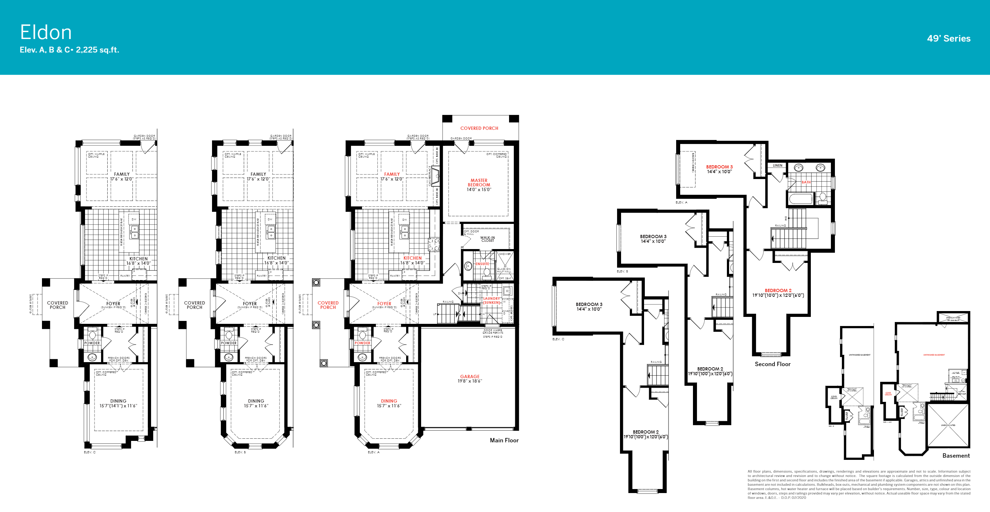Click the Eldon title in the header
pyautogui.click(x=46, y=32)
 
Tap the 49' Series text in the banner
pyautogui.click(x=948, y=38)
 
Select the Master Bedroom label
pyautogui.click(x=478, y=183)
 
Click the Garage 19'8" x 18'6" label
pyautogui.click(x=469, y=379)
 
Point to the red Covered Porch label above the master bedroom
pyautogui.click(x=479, y=128)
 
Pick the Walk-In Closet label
pyautogui.click(x=487, y=239)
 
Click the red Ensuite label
pyautogui.click(x=482, y=264)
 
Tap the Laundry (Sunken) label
pyautogui.click(x=492, y=300)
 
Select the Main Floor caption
pyautogui.click(x=504, y=440)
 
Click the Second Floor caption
pyautogui.click(x=772, y=364)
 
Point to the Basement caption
pyautogui.click(x=955, y=455)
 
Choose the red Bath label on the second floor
pyautogui.click(x=806, y=182)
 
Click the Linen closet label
pyautogui.click(x=777, y=166)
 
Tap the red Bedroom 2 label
pyautogui.click(x=778, y=291)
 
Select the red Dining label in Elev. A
pyautogui.click(x=389, y=401)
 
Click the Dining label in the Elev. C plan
pyautogui.click(x=118, y=401)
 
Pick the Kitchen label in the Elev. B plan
pyautogui.click(x=276, y=258)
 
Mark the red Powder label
pyautogui.click(x=362, y=343)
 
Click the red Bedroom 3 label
pyautogui.click(x=719, y=167)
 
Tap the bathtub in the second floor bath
pyautogui.click(x=801, y=199)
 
